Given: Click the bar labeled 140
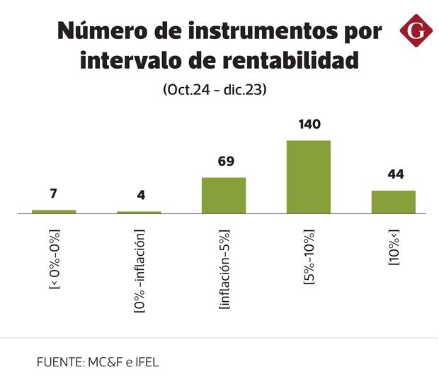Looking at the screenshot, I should click(x=308, y=176).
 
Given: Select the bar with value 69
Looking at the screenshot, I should click(x=224, y=195).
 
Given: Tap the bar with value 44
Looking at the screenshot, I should click(x=394, y=201).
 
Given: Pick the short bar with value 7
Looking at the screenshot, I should click(x=54, y=211).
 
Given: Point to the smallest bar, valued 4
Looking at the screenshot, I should click(x=139, y=212).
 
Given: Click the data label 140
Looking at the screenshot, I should click(x=309, y=125).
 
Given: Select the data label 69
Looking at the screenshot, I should click(x=226, y=162).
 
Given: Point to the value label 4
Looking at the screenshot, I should click(x=141, y=196).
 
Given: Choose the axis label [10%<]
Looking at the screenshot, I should click(x=394, y=247).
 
